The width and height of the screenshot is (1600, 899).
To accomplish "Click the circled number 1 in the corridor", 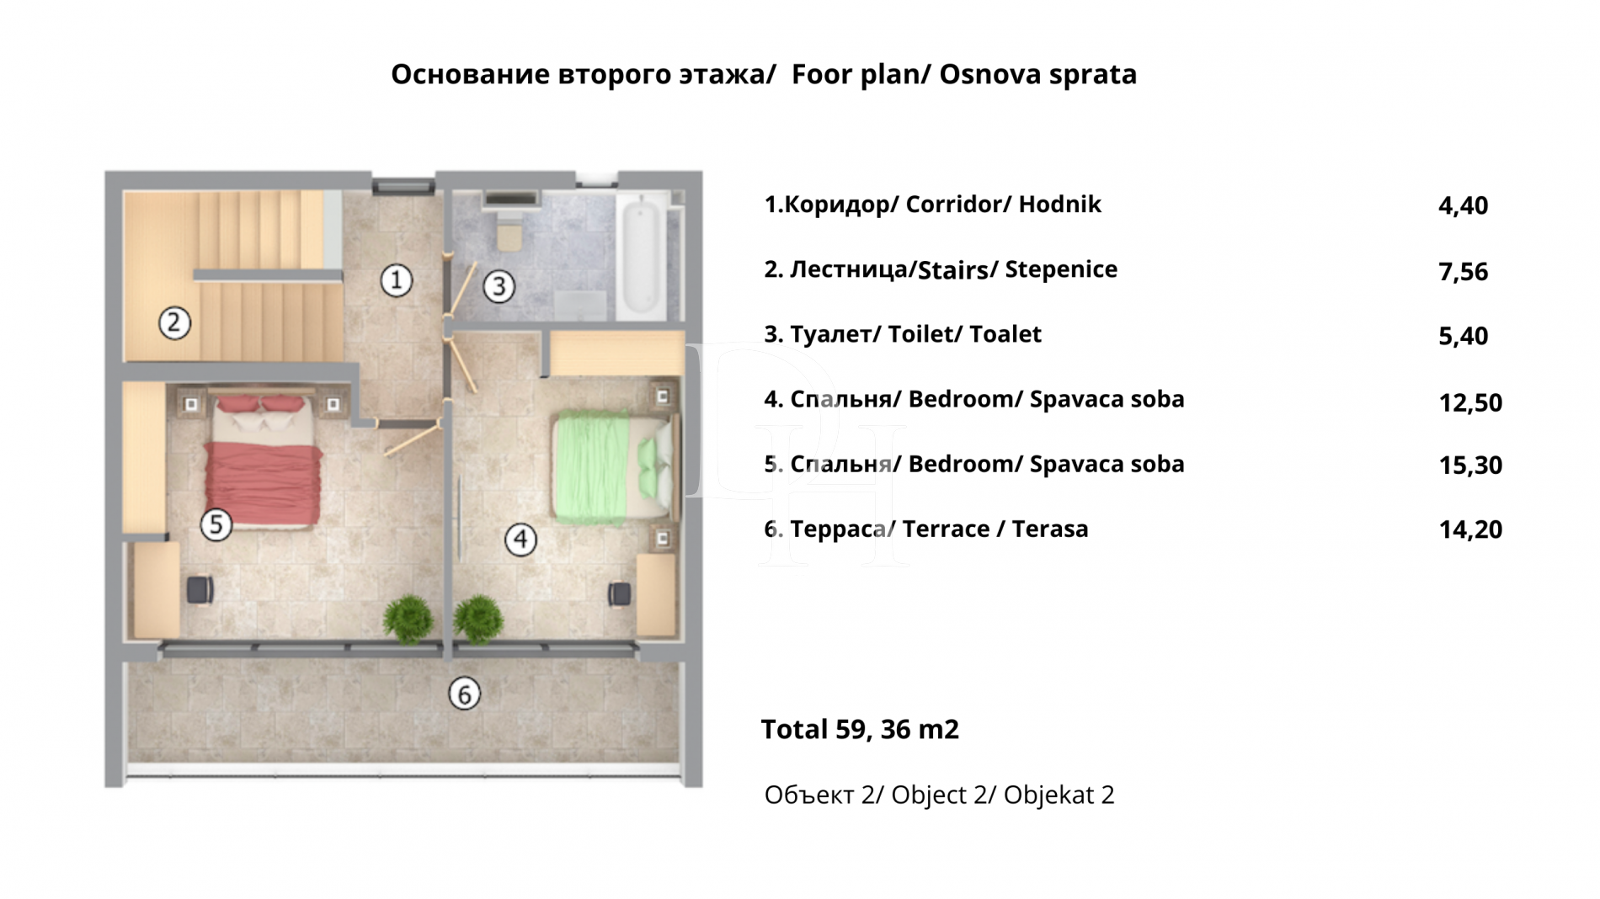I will click(396, 280).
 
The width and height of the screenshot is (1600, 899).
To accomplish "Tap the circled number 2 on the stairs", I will click(174, 322).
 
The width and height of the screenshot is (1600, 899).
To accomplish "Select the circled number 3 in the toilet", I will click(499, 287).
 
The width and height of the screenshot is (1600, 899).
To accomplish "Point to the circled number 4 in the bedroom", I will click(520, 540).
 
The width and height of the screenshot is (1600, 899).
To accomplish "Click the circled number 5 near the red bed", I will click(216, 524).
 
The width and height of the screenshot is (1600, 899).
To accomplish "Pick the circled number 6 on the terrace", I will click(464, 694).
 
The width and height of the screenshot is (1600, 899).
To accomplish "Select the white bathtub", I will click(641, 257).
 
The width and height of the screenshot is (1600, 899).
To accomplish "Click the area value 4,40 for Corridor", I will click(1463, 205).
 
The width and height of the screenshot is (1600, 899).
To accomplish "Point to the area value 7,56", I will click(1463, 271).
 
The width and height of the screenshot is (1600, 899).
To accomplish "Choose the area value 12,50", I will click(1469, 402).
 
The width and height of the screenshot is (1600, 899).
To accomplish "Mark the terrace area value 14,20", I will click(1469, 529).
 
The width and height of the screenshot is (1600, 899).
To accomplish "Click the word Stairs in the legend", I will click(952, 270).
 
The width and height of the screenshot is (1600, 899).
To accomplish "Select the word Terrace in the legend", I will click(946, 529).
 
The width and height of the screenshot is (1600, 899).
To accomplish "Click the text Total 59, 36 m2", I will click(859, 729).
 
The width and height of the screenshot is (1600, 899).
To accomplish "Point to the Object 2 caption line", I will click(938, 795).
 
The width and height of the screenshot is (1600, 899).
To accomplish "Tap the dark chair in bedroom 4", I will click(620, 593).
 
